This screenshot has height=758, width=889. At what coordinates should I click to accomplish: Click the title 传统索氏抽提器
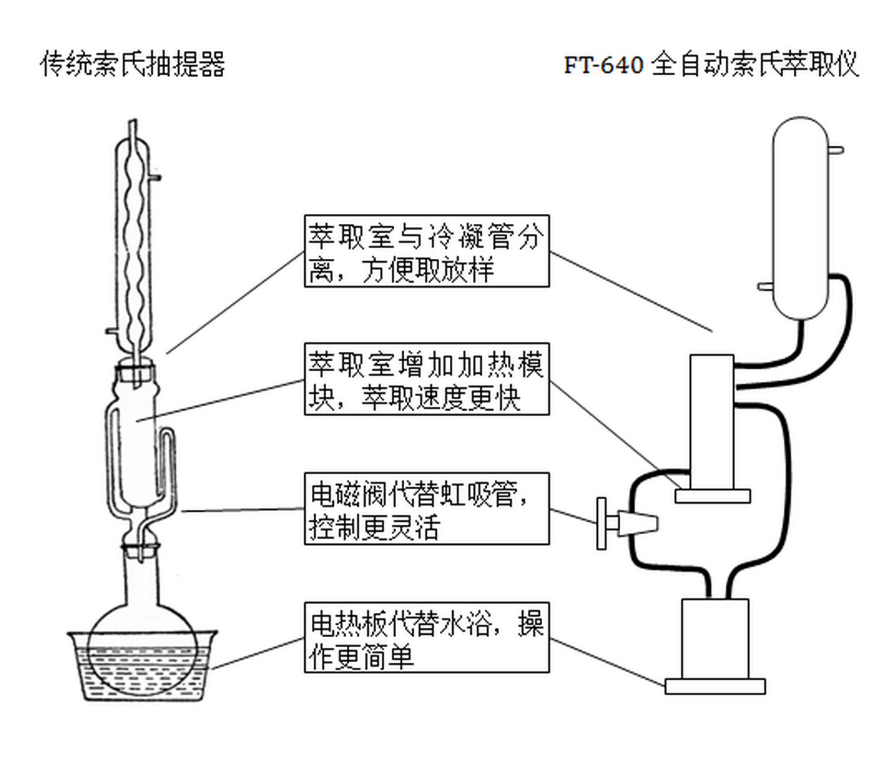(133, 64)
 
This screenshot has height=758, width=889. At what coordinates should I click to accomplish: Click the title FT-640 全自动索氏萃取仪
(711, 64)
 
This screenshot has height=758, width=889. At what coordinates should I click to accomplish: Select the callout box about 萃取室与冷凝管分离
(426, 252)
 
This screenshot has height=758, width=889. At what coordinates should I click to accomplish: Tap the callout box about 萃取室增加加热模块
(426, 379)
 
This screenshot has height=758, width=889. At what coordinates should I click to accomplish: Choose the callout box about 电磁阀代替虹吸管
(426, 509)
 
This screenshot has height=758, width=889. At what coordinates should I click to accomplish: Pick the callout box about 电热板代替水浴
(426, 638)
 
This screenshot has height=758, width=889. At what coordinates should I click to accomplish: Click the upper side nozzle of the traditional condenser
(155, 176)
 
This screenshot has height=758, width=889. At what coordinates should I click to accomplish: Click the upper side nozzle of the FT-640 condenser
(835, 150)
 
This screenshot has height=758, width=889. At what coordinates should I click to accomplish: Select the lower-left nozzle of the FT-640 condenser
(765, 287)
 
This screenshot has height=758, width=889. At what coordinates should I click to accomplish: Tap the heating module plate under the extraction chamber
(713, 496)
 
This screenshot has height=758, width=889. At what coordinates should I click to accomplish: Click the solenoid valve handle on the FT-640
(602, 523)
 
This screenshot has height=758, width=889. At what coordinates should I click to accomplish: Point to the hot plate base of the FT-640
(714, 686)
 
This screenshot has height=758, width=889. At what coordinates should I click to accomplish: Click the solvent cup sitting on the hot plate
(714, 638)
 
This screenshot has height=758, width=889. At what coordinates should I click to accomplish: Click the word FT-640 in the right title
(603, 65)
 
